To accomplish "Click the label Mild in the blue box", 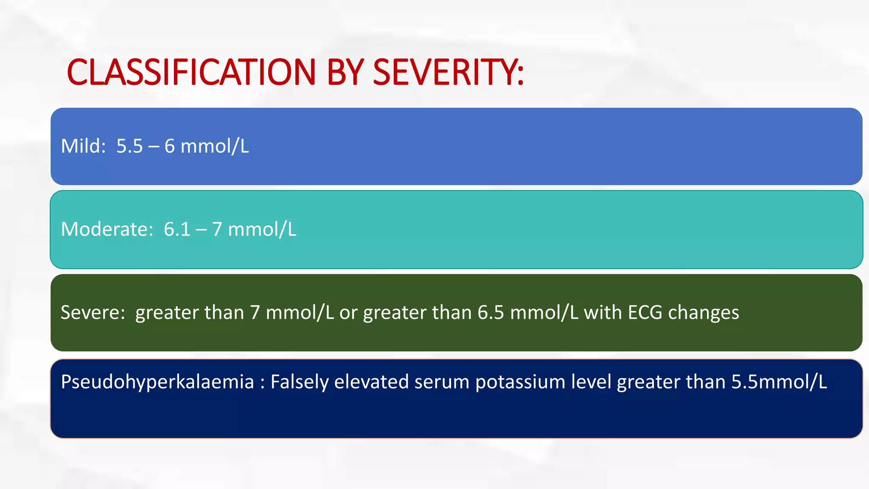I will point(83,146).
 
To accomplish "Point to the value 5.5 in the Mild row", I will point(129,146).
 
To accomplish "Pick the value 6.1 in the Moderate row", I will point(177,229).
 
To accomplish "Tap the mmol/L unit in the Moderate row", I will point(262,229).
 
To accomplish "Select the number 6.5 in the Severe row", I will point(491,312).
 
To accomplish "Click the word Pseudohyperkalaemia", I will point(157,382).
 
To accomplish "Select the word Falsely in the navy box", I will point(300,382).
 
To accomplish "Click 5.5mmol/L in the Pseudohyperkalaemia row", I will point(779,381).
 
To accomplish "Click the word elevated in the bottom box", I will point(371,381).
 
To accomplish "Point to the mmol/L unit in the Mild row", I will point(215,146).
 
